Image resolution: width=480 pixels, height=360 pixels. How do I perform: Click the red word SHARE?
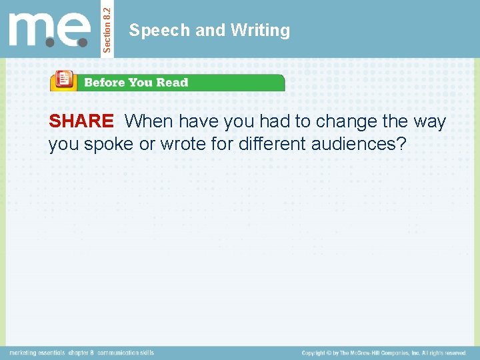(x=81, y=121)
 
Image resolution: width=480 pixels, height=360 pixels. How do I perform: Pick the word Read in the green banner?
(x=173, y=83)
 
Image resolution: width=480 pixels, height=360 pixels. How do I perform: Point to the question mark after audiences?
(x=401, y=144)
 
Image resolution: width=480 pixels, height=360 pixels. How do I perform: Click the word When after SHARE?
(x=149, y=121)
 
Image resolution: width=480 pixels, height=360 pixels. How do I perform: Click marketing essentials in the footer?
(x=37, y=353)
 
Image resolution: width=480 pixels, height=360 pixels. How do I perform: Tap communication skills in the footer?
(x=125, y=353)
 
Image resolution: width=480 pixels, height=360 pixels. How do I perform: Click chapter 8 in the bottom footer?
(x=81, y=353)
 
